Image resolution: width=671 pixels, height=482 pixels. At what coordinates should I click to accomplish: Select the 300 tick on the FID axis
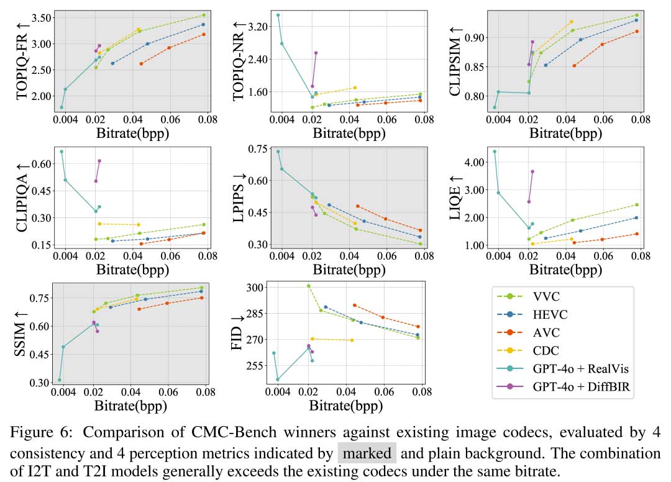pyautogui.click(x=260, y=288)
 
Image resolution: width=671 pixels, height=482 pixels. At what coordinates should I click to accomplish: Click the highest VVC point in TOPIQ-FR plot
pyautogui.click(x=204, y=15)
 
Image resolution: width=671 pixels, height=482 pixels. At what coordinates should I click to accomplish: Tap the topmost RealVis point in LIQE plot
pyautogui.click(x=495, y=152)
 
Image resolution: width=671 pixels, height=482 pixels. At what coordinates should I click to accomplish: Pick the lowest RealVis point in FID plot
pyautogui.click(x=278, y=380)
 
